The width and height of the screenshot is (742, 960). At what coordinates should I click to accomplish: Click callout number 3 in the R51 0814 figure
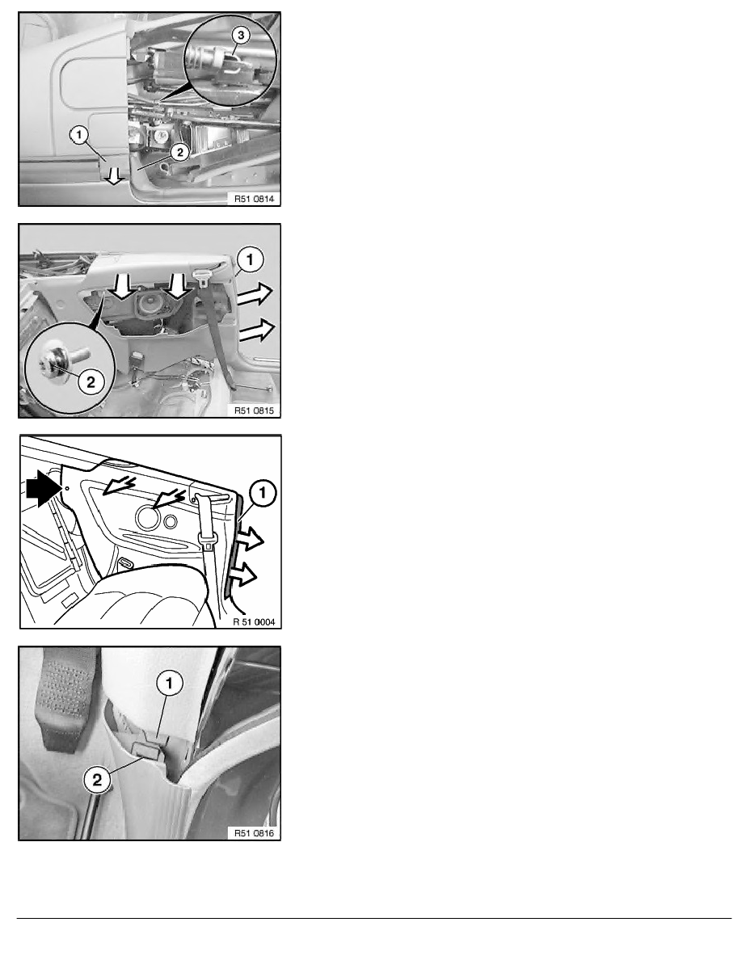241,36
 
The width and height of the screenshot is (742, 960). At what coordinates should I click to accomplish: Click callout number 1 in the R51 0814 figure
79,135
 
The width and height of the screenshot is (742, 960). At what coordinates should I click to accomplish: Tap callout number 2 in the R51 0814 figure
179,152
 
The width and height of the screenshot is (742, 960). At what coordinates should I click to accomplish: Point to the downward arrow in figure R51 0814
112,176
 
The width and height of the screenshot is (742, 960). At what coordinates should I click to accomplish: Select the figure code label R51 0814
254,198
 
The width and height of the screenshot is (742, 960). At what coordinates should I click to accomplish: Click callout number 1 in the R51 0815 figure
250,259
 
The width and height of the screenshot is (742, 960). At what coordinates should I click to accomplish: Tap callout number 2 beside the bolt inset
91,382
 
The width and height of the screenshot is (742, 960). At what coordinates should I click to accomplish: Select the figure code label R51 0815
254,411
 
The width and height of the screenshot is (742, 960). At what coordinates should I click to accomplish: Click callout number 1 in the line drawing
263,493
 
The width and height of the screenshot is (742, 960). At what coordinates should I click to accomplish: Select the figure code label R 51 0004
254,622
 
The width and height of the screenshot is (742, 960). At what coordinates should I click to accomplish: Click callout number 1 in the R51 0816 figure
170,683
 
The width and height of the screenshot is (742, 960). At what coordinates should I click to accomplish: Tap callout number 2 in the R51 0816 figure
97,779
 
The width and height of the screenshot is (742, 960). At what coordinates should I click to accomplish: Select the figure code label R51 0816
254,832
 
